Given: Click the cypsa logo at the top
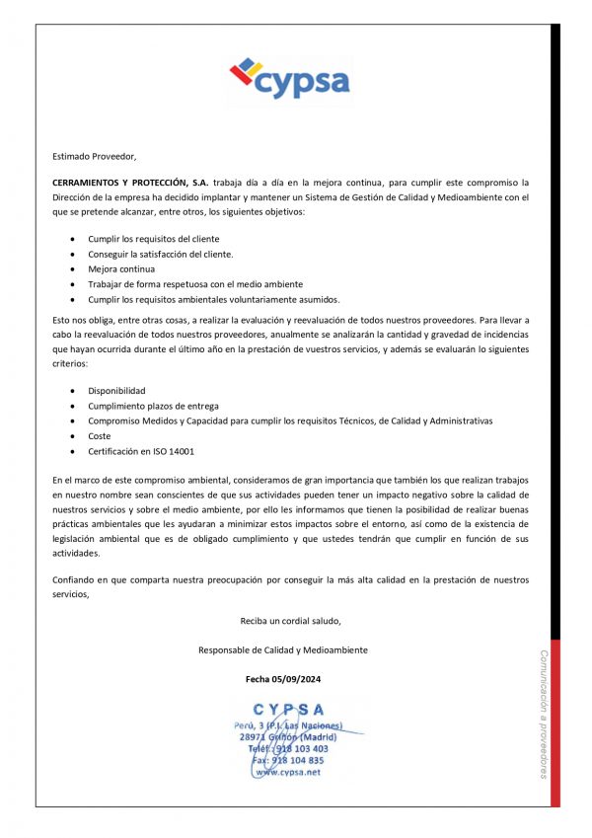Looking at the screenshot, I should pos(289,79).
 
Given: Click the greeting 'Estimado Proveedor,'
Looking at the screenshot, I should pos(95,156).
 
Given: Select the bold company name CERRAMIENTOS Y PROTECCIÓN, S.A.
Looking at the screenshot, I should pos(130,183).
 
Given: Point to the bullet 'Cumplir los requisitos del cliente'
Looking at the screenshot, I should pos(153,239).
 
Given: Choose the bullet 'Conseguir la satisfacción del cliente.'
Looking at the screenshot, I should pos(161,254).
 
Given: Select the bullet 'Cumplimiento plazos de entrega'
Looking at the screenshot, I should pos(153,406).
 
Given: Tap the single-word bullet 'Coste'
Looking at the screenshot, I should pos(100,435).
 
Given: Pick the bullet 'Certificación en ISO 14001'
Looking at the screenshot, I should pos(141,451).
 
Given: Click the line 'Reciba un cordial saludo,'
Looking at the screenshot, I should pos(290,621).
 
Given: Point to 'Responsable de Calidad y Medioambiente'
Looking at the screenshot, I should pos(283,650).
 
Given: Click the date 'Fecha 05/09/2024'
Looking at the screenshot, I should pos(283,679).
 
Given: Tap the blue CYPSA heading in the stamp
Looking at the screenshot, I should pos(288,709).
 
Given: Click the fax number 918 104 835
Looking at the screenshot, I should pos(297,761).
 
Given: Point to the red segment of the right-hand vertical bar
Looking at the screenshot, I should pos(555,721).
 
